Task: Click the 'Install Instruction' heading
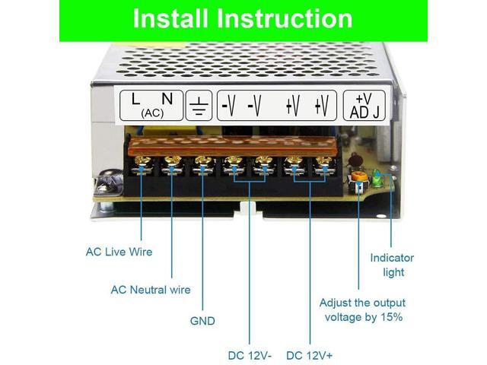(243, 18)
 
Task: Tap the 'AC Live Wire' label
(119, 252)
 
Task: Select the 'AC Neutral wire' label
(151, 290)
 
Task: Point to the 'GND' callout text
(202, 321)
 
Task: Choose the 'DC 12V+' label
(310, 355)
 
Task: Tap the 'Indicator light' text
(393, 265)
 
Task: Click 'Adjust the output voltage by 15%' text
(362, 309)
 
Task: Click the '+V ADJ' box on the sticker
(364, 106)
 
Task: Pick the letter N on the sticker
(167, 98)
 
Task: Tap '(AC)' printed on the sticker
(151, 113)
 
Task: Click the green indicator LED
(374, 179)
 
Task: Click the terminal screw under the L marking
(142, 163)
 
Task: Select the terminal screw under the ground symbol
(202, 162)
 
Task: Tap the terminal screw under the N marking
(172, 162)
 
